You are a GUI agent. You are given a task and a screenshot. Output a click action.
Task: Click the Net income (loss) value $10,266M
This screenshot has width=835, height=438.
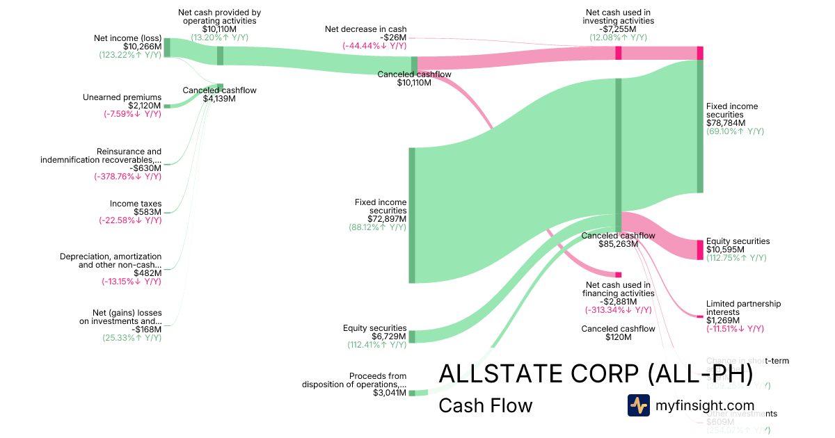tap(142, 47)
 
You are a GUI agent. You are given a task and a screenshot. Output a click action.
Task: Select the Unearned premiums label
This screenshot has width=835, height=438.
tap(122, 97)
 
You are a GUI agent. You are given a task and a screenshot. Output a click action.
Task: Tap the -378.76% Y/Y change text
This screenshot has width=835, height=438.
tap(127, 177)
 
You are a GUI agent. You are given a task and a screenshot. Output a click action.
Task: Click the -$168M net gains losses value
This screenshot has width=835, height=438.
tap(148, 330)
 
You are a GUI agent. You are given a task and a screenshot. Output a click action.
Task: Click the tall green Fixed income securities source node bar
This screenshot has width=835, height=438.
tap(412, 216)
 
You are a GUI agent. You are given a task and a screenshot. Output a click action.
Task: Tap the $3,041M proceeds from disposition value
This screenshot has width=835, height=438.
tap(390, 393)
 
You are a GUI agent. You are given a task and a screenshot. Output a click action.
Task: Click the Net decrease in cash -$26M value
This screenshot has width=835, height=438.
tap(393, 38)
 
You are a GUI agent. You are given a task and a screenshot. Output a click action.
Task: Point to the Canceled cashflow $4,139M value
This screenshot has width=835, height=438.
tap(219, 99)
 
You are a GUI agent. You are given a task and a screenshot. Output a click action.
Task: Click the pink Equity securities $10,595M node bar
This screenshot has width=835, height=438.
tap(700, 250)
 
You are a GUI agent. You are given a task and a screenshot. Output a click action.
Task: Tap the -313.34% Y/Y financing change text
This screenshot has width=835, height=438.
tap(618, 310)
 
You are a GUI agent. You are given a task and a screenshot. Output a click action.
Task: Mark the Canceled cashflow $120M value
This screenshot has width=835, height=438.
tap(618, 337)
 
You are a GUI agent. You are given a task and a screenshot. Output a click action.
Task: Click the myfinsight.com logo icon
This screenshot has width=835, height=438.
tap(638, 405)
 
